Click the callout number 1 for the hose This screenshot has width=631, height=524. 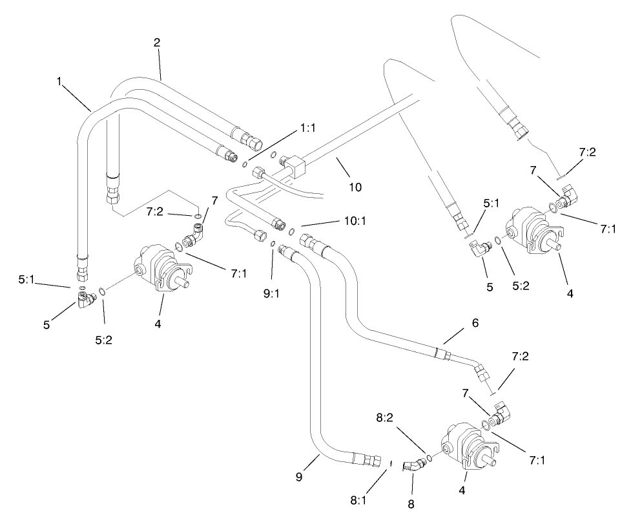61,83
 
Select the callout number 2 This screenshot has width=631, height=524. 156,43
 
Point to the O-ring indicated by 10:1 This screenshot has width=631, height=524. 292,232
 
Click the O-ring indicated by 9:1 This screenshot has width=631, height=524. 273,244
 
